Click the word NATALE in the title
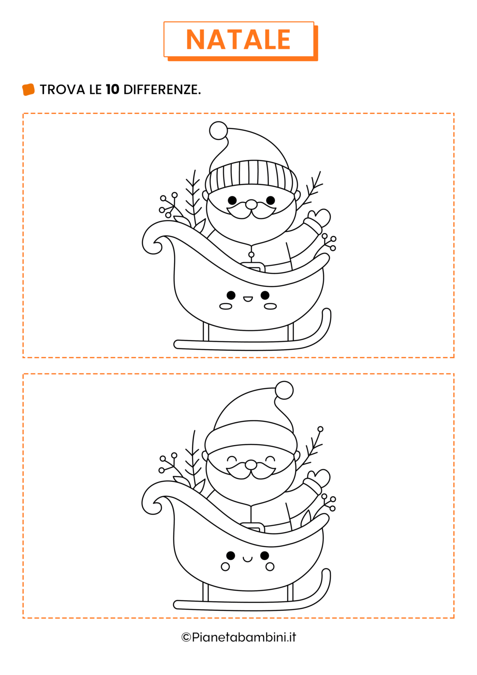(x=238, y=40)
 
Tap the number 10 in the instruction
(x=112, y=90)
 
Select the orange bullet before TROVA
(x=29, y=90)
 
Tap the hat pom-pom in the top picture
(x=218, y=131)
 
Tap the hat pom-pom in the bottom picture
(x=284, y=390)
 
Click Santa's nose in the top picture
(x=251, y=204)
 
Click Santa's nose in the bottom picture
(x=251, y=465)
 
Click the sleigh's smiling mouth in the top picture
(x=248, y=299)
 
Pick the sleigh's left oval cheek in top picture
(x=226, y=306)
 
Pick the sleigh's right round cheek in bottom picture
(x=270, y=567)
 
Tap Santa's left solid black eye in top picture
(x=232, y=200)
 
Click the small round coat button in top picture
(x=251, y=255)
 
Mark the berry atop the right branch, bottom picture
(x=320, y=429)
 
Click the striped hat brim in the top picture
(x=251, y=175)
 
